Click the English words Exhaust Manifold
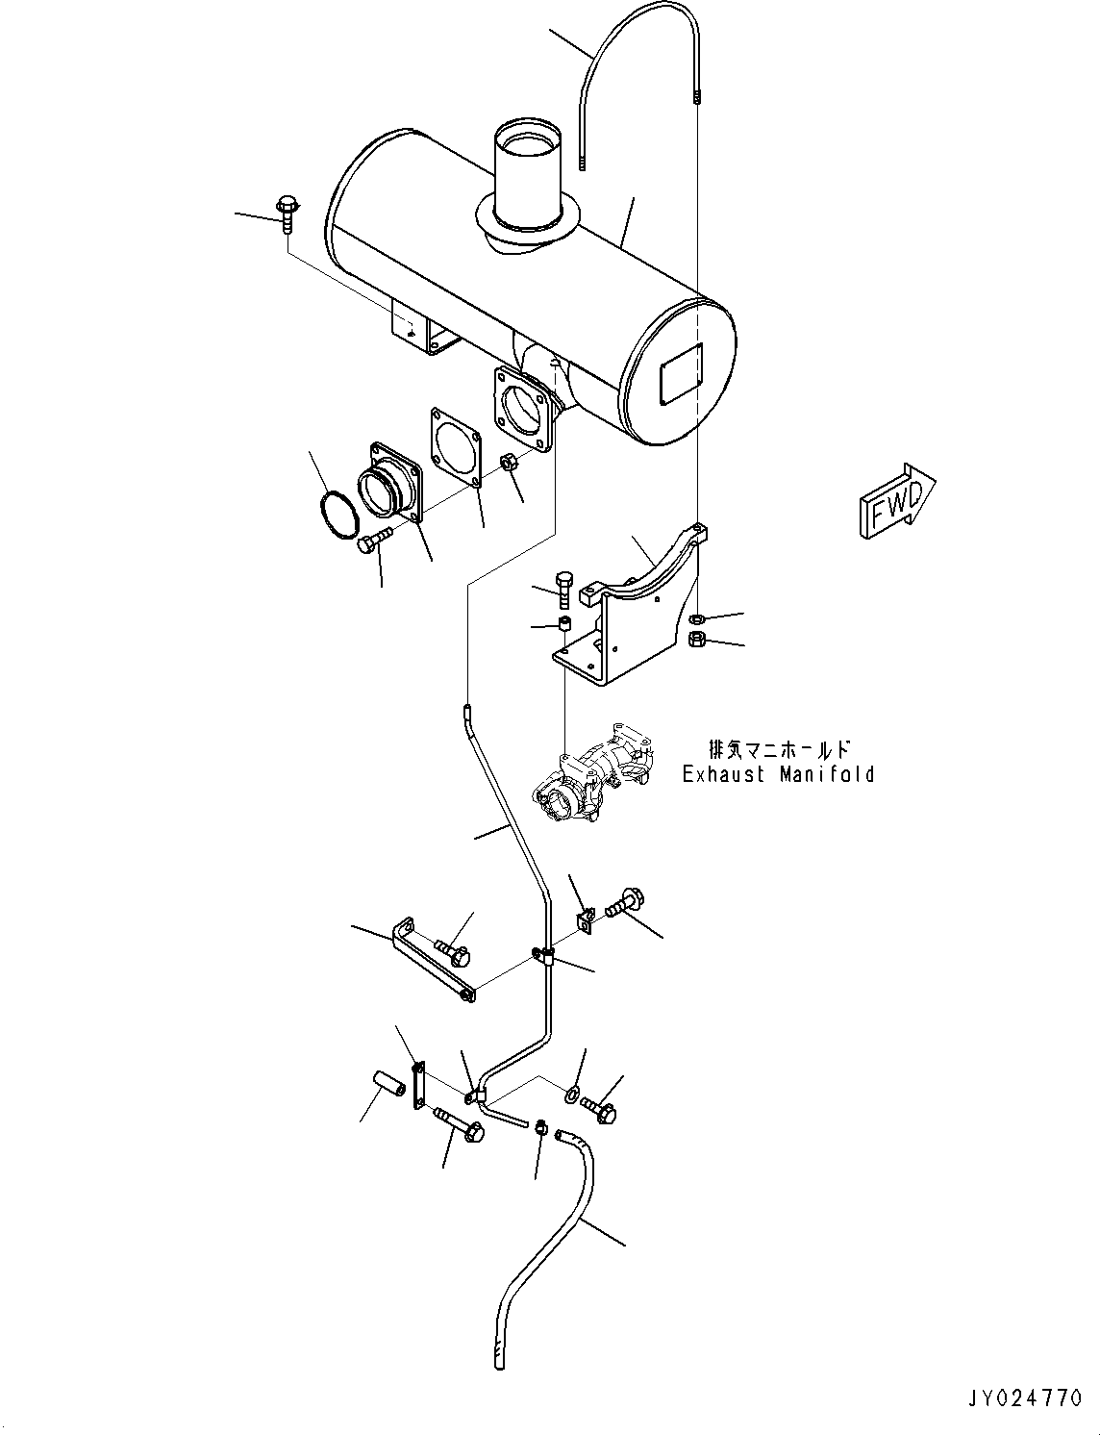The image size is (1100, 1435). pyautogui.click(x=779, y=774)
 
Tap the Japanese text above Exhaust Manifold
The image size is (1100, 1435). pyautogui.click(x=779, y=748)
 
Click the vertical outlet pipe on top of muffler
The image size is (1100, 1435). pyautogui.click(x=527, y=178)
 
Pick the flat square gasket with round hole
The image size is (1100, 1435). pyautogui.click(x=454, y=443)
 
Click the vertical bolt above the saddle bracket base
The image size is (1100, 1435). pyautogui.click(x=564, y=588)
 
